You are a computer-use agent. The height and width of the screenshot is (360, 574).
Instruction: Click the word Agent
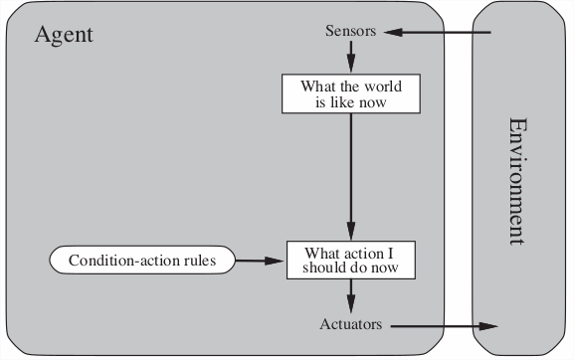64,35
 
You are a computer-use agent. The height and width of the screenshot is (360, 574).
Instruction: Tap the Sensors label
350,31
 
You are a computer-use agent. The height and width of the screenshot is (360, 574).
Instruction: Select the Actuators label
352,324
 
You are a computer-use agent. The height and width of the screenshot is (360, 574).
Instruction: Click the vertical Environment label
515,181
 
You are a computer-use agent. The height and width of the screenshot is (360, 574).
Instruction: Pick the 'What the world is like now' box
350,93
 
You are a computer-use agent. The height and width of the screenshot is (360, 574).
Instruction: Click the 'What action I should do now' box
350,261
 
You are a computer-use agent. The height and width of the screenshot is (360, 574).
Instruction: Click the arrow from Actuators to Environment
443,325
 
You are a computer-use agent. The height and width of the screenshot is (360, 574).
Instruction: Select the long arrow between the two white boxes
350,174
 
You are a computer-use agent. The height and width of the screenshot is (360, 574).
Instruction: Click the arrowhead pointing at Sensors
391,32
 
